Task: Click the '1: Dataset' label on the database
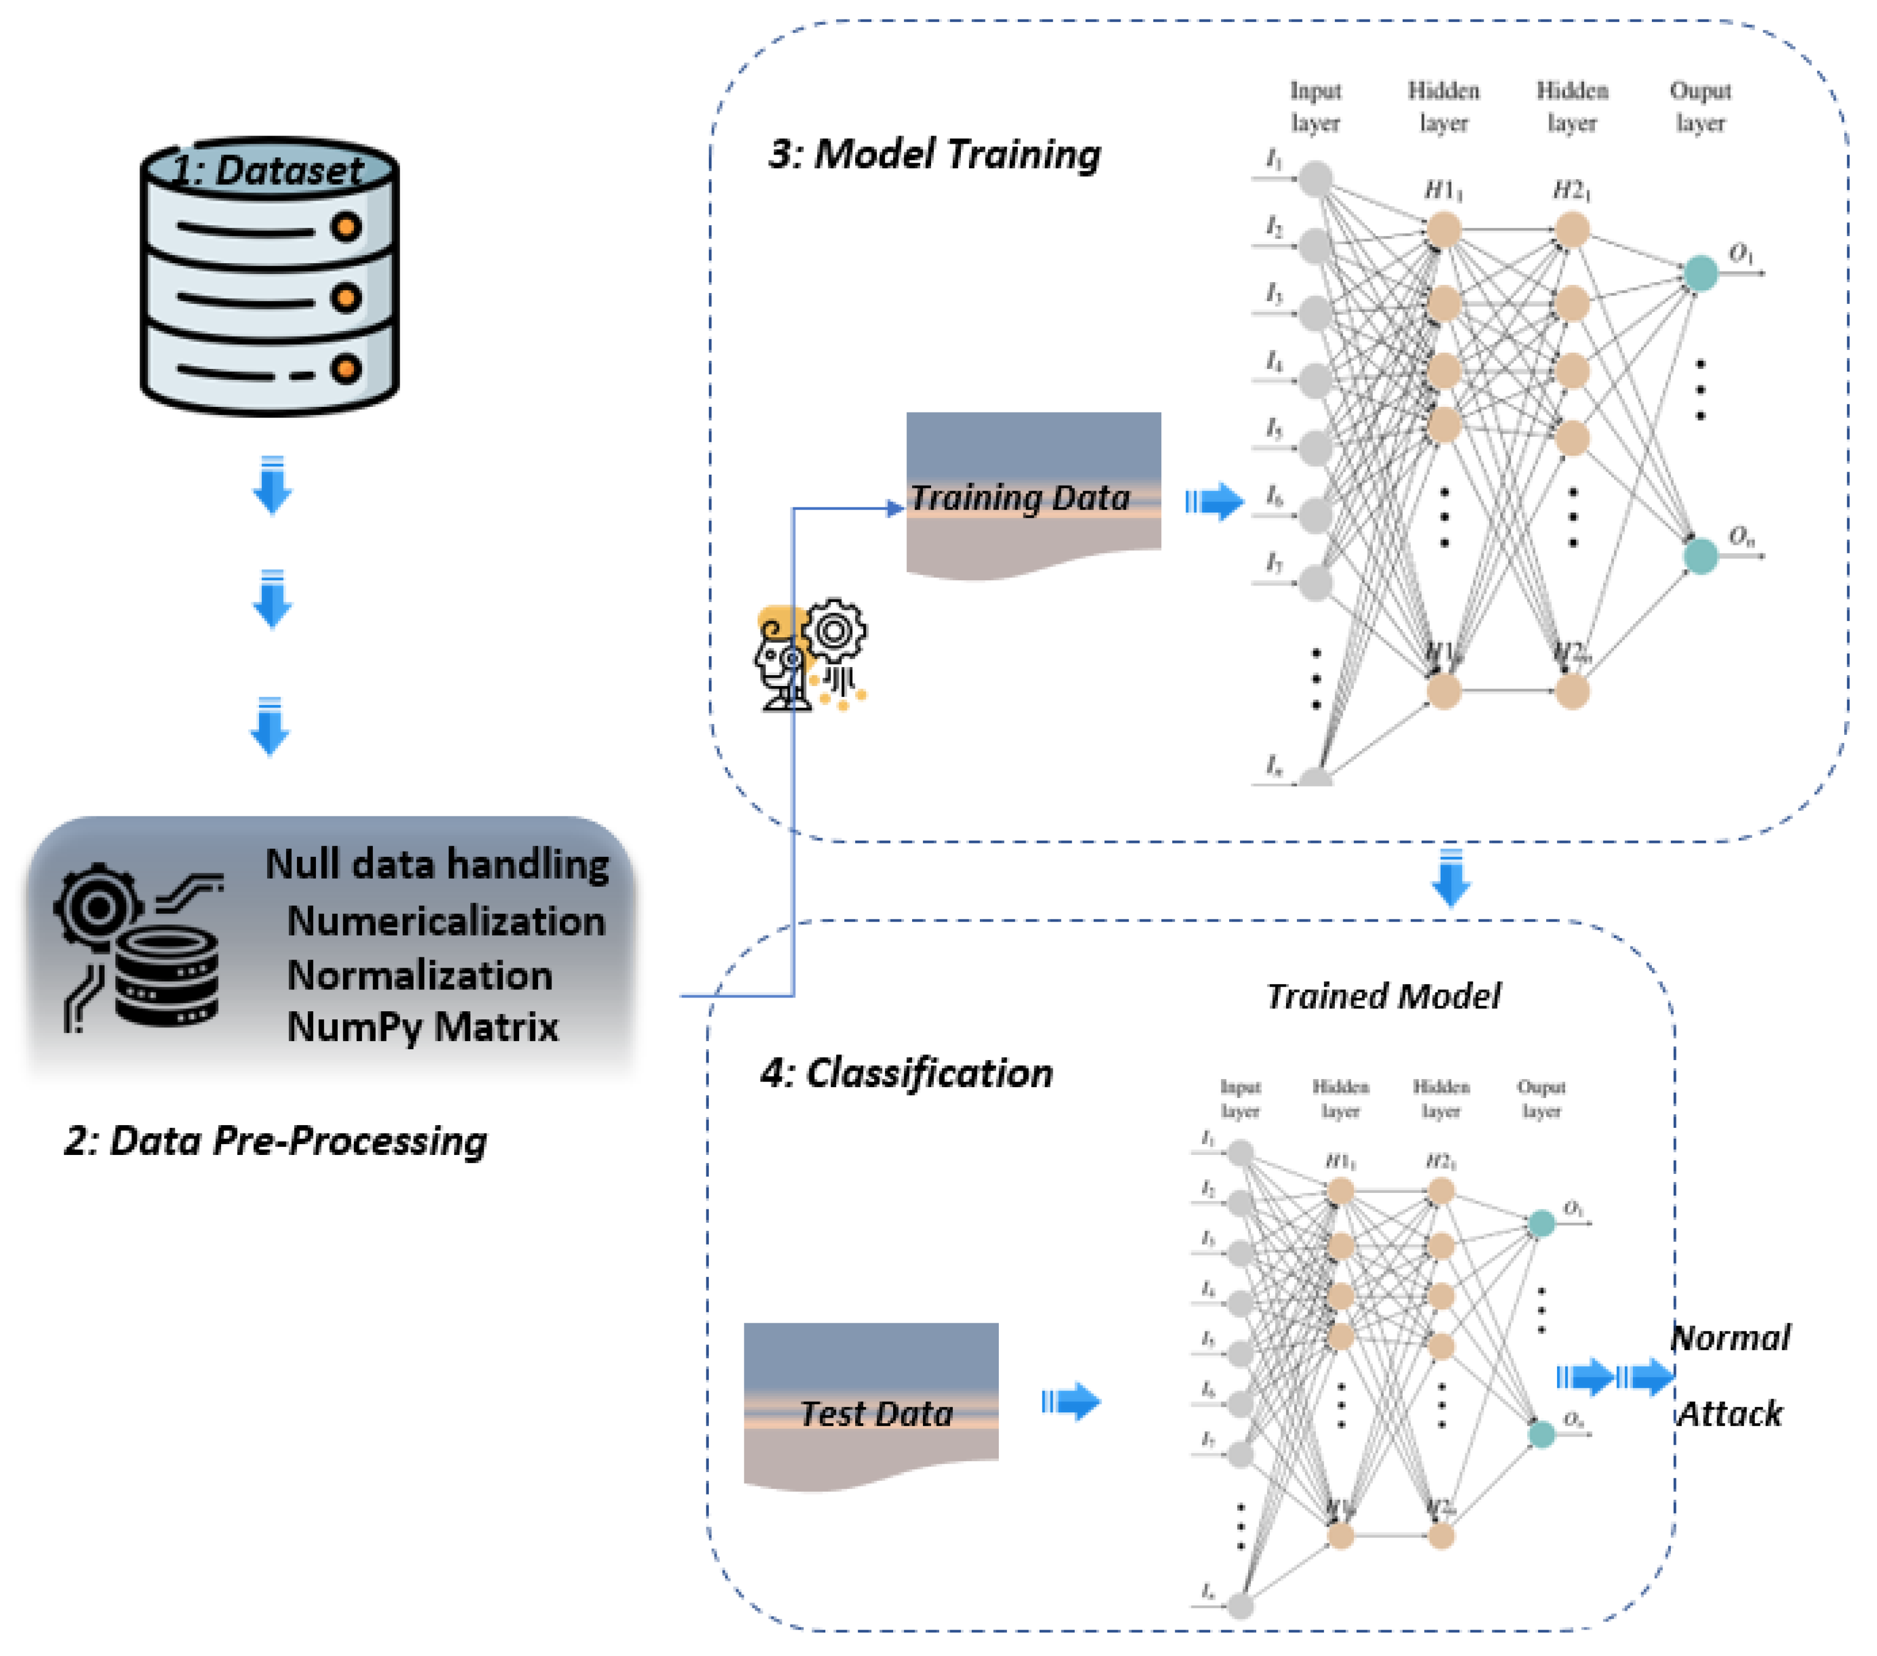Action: tap(268, 171)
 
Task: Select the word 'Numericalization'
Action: tap(446, 921)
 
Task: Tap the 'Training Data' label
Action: tap(1020, 498)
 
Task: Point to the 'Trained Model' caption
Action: tap(1383, 996)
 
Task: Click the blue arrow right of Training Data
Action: tap(1214, 502)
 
